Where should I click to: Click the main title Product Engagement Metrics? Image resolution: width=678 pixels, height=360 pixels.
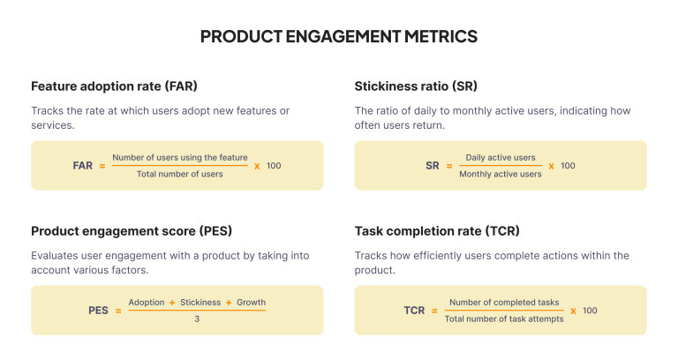coord(339,36)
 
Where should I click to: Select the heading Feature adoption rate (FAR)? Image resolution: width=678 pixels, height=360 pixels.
coord(114,86)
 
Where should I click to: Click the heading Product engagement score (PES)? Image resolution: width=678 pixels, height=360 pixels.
coord(131,231)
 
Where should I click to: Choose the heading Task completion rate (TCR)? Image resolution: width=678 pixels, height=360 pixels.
coord(437,231)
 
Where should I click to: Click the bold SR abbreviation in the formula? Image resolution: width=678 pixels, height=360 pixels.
coord(433,166)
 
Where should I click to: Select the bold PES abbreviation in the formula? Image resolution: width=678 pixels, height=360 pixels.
coord(98,311)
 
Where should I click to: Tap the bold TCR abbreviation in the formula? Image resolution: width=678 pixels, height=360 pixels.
coord(415,311)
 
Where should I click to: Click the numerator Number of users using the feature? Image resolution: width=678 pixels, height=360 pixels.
coord(180,157)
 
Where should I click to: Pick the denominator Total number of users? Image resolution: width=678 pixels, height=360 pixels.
coord(180,174)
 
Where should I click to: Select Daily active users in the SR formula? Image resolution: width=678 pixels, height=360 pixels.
coord(501,157)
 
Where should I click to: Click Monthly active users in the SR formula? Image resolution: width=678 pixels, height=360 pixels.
coord(501,174)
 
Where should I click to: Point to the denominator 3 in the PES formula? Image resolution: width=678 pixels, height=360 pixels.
coord(197,319)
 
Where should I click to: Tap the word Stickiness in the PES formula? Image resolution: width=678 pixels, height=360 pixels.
coord(200,302)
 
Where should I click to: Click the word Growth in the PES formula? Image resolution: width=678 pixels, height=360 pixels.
coord(251,302)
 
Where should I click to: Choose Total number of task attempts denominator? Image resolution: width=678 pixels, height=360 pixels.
coord(504,319)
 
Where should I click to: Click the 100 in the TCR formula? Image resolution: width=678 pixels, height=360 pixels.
coord(590,311)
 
